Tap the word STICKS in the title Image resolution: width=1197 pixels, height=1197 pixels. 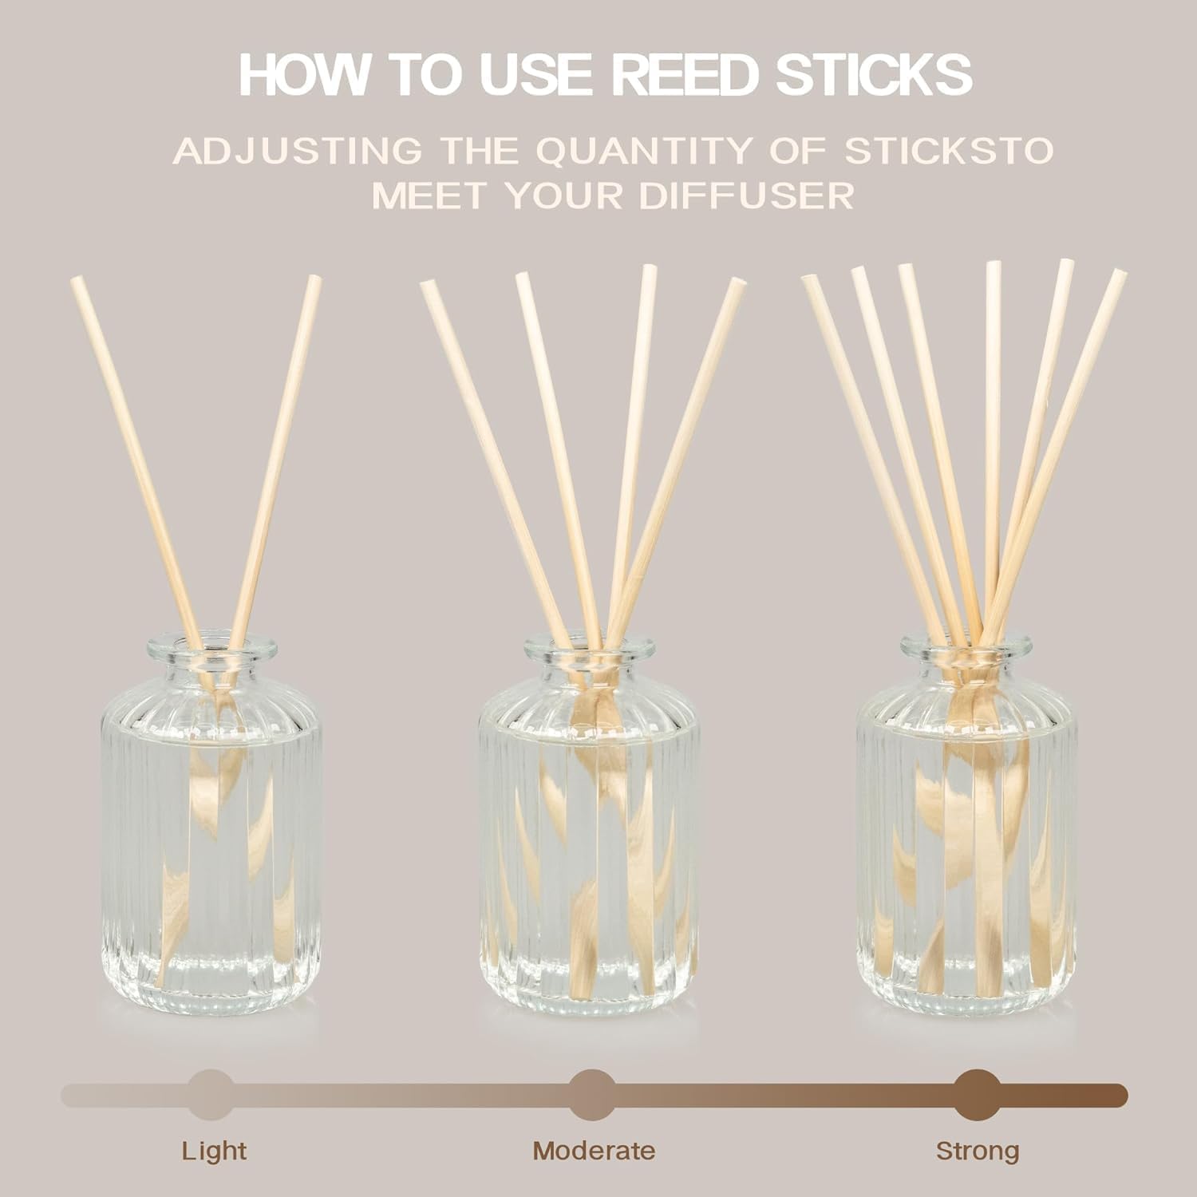coord(869,74)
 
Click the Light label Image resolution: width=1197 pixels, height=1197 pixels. coord(214,1151)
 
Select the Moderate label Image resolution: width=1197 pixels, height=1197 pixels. coord(594,1151)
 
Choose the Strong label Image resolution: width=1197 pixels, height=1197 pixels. coord(978,1151)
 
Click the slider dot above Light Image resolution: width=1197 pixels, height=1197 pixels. coord(211,1095)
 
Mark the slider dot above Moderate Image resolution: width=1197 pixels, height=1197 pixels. coord(593,1095)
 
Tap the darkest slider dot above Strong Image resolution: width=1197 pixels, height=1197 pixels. coord(978,1095)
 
